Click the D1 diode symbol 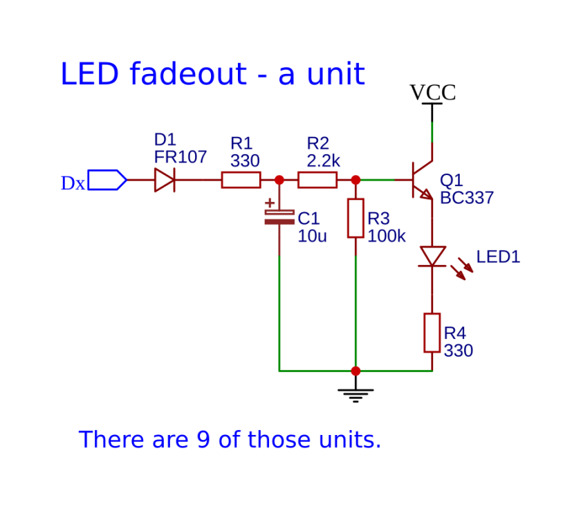point(165,180)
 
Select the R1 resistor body point(241,180)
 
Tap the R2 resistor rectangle point(317,180)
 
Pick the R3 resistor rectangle point(356,219)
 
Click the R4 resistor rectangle point(432,333)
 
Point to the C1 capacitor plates point(279,217)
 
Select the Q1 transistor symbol point(423,180)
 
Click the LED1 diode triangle point(432,257)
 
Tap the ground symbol point(356,396)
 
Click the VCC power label point(432,92)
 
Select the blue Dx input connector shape point(107,180)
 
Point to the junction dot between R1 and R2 point(279,180)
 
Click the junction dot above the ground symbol point(356,371)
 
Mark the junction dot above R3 point(356,180)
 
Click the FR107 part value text point(181,157)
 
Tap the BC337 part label point(467,198)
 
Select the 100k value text point(387,236)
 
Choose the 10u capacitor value point(312,236)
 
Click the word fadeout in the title point(188,73)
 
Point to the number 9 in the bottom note point(203,439)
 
